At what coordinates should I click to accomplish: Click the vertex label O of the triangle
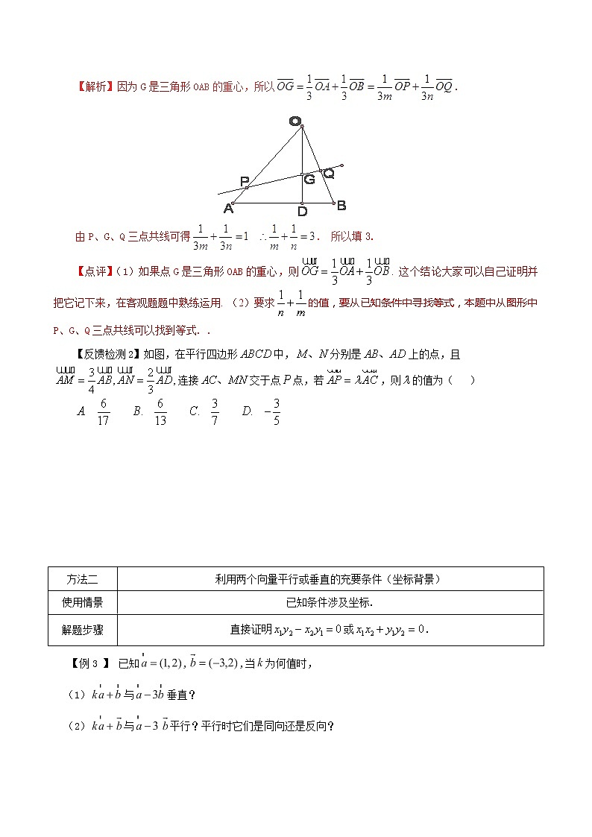tap(295, 121)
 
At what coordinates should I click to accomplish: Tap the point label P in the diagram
tap(245, 181)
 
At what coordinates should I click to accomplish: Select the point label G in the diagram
tap(309, 179)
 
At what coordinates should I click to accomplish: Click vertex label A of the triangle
tap(228, 208)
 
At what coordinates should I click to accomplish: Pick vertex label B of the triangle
tap(341, 205)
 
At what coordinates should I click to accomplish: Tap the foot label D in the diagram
tap(302, 211)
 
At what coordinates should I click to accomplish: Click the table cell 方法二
tap(82, 578)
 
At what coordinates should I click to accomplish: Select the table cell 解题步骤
tap(82, 630)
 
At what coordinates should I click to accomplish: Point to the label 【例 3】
tap(89, 662)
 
